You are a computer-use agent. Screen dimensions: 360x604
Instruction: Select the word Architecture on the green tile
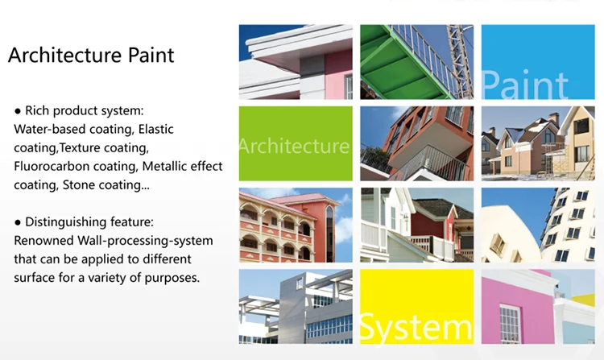click(295, 147)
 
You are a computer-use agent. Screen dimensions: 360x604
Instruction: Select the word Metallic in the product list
click(168, 166)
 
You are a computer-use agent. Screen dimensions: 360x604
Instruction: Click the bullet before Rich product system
click(18, 110)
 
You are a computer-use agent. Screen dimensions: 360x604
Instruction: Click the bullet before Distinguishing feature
click(18, 221)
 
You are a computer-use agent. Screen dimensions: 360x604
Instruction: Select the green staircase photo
click(416, 62)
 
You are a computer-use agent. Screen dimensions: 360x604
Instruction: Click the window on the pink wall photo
click(509, 322)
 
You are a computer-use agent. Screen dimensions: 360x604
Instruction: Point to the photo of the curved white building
click(538, 225)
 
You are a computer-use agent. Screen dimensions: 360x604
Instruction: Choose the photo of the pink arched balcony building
click(296, 225)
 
